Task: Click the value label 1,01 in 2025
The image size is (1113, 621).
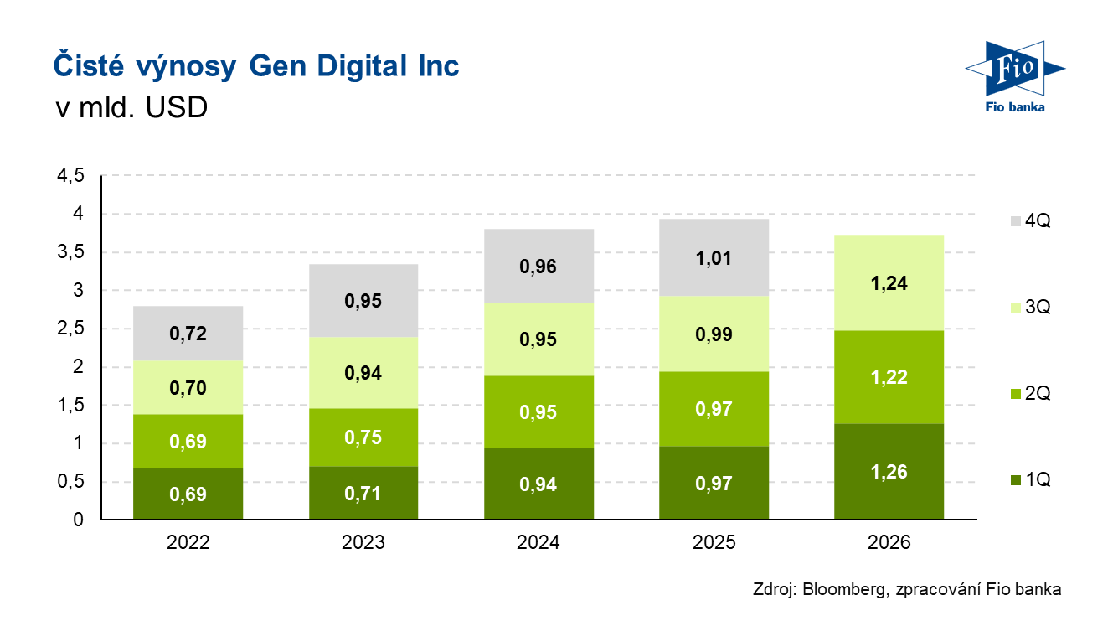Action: (x=714, y=258)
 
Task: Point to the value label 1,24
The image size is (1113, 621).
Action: (x=889, y=283)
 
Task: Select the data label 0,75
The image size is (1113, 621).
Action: (x=363, y=438)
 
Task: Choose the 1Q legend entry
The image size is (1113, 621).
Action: (x=1030, y=480)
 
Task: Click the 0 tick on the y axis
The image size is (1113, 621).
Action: (x=79, y=520)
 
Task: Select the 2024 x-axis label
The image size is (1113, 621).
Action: (x=538, y=543)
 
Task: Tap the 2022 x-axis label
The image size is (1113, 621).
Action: (x=188, y=543)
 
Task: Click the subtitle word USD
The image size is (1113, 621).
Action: (x=177, y=109)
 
